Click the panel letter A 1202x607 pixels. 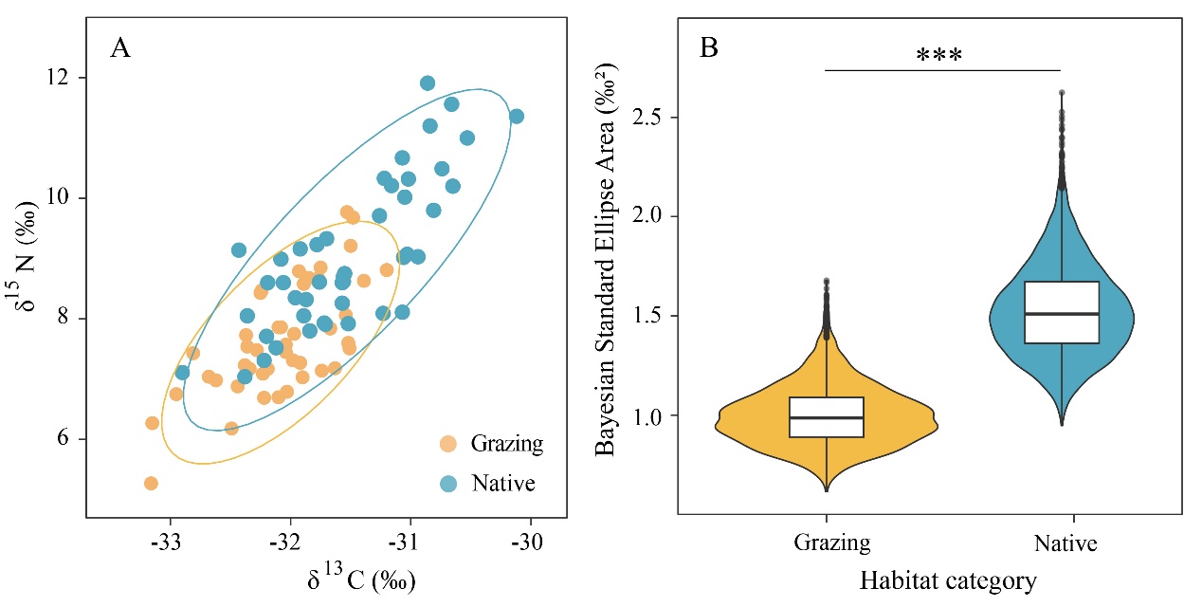point(120,47)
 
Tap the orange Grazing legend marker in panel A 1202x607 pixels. point(448,443)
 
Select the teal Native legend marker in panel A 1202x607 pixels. point(448,484)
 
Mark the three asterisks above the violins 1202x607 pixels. point(939,55)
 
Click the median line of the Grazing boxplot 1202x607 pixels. point(828,417)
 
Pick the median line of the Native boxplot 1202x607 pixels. point(1062,313)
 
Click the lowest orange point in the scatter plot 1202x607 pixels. point(151,484)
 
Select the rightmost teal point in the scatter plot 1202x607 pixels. point(517,117)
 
